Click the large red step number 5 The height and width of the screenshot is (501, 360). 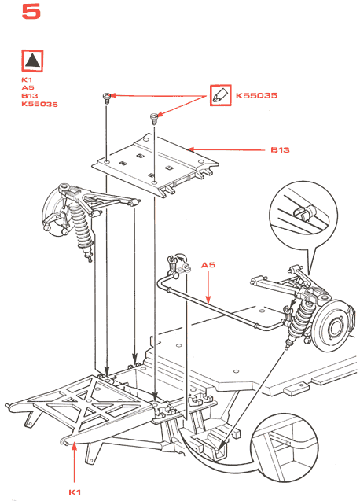(31, 12)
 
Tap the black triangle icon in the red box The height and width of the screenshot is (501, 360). (32, 61)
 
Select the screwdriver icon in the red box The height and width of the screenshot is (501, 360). (220, 95)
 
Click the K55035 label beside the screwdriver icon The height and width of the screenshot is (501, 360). (256, 95)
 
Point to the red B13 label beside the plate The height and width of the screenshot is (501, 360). (280, 150)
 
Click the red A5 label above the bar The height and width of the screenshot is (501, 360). (208, 265)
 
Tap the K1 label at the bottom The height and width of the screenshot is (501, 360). (75, 492)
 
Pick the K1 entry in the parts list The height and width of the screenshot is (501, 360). (27, 79)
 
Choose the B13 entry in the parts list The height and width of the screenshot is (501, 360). (30, 95)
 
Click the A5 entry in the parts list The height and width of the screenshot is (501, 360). (28, 87)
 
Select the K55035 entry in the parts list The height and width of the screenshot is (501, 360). (39, 104)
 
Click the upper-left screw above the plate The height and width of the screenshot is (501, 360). (106, 98)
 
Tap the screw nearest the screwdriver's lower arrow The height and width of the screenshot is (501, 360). (154, 119)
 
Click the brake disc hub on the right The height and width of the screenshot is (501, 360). (333, 326)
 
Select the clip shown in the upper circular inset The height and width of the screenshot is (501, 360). (304, 212)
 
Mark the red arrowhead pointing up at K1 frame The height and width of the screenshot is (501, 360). (74, 447)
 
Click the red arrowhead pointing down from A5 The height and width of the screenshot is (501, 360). (208, 299)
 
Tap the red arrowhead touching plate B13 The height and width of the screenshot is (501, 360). (191, 149)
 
